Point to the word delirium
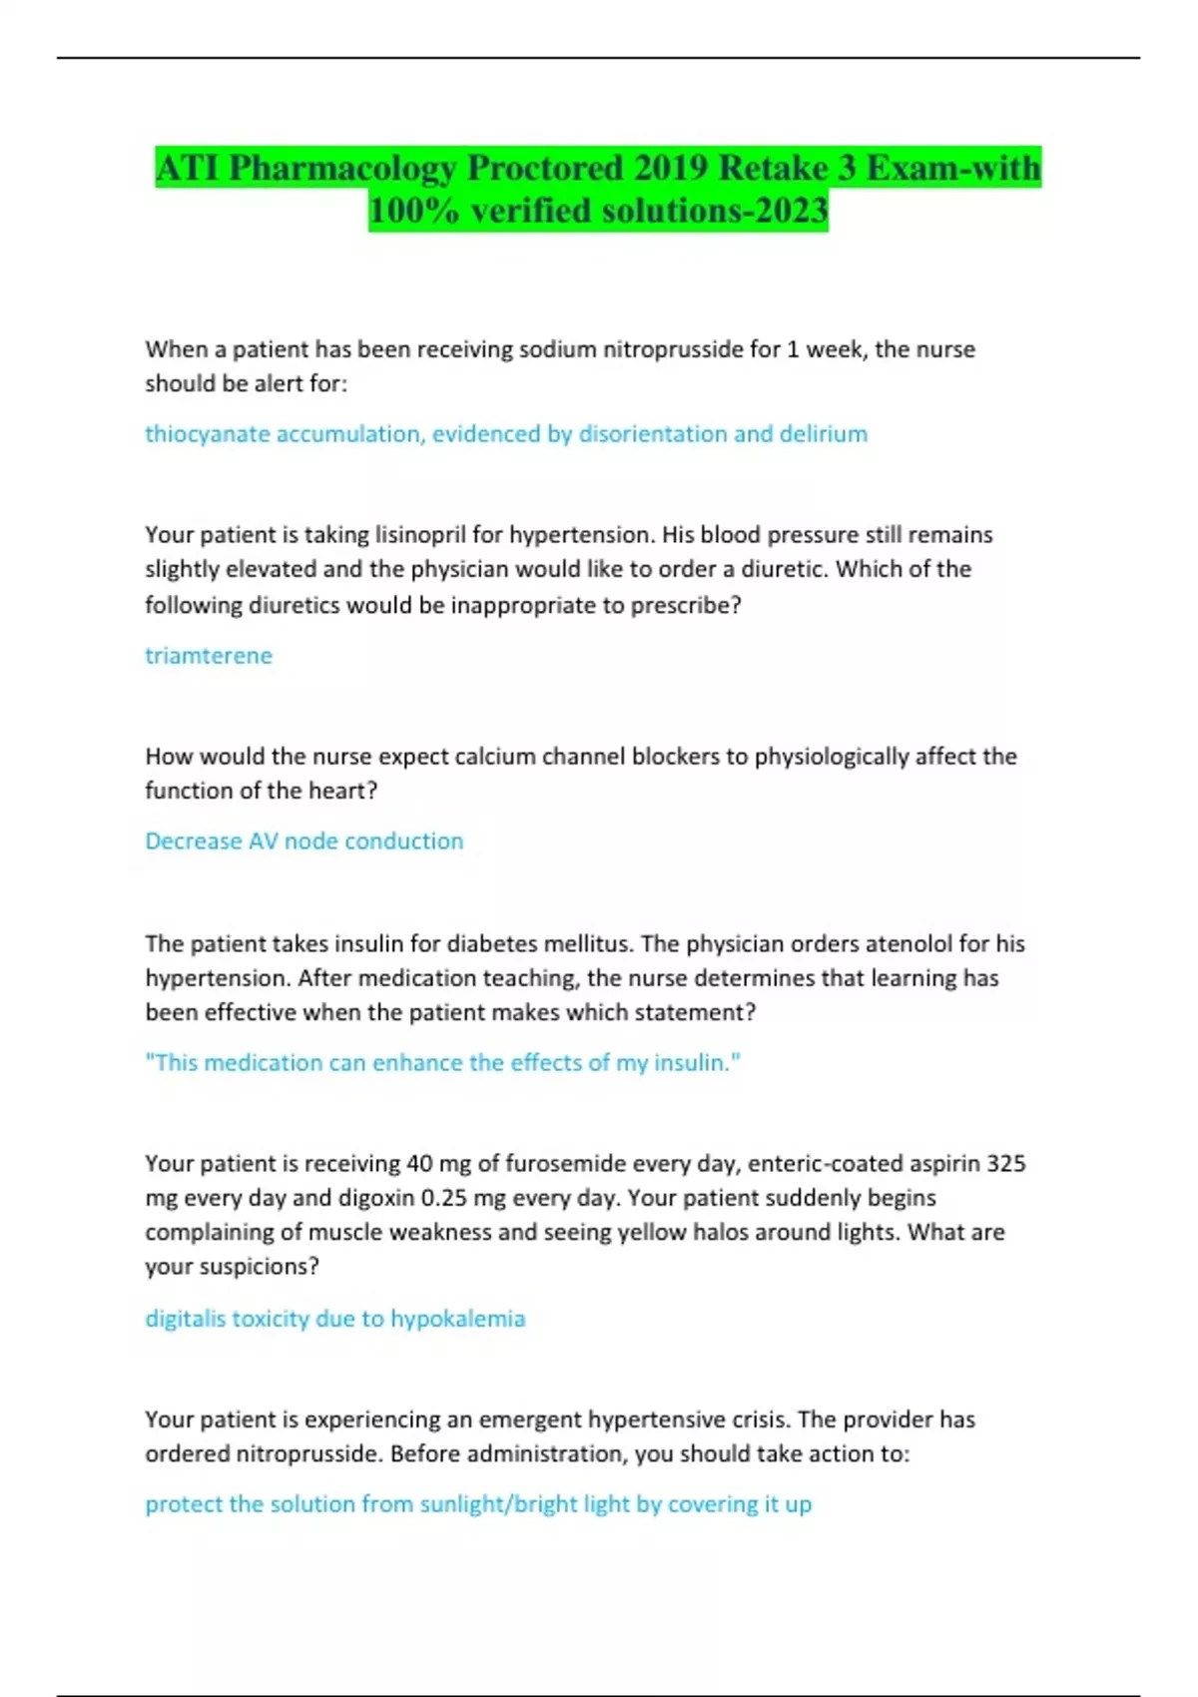[824, 434]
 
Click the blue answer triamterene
[209, 656]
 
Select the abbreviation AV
[264, 842]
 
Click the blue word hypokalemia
[457, 1319]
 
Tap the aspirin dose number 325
[1006, 1164]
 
